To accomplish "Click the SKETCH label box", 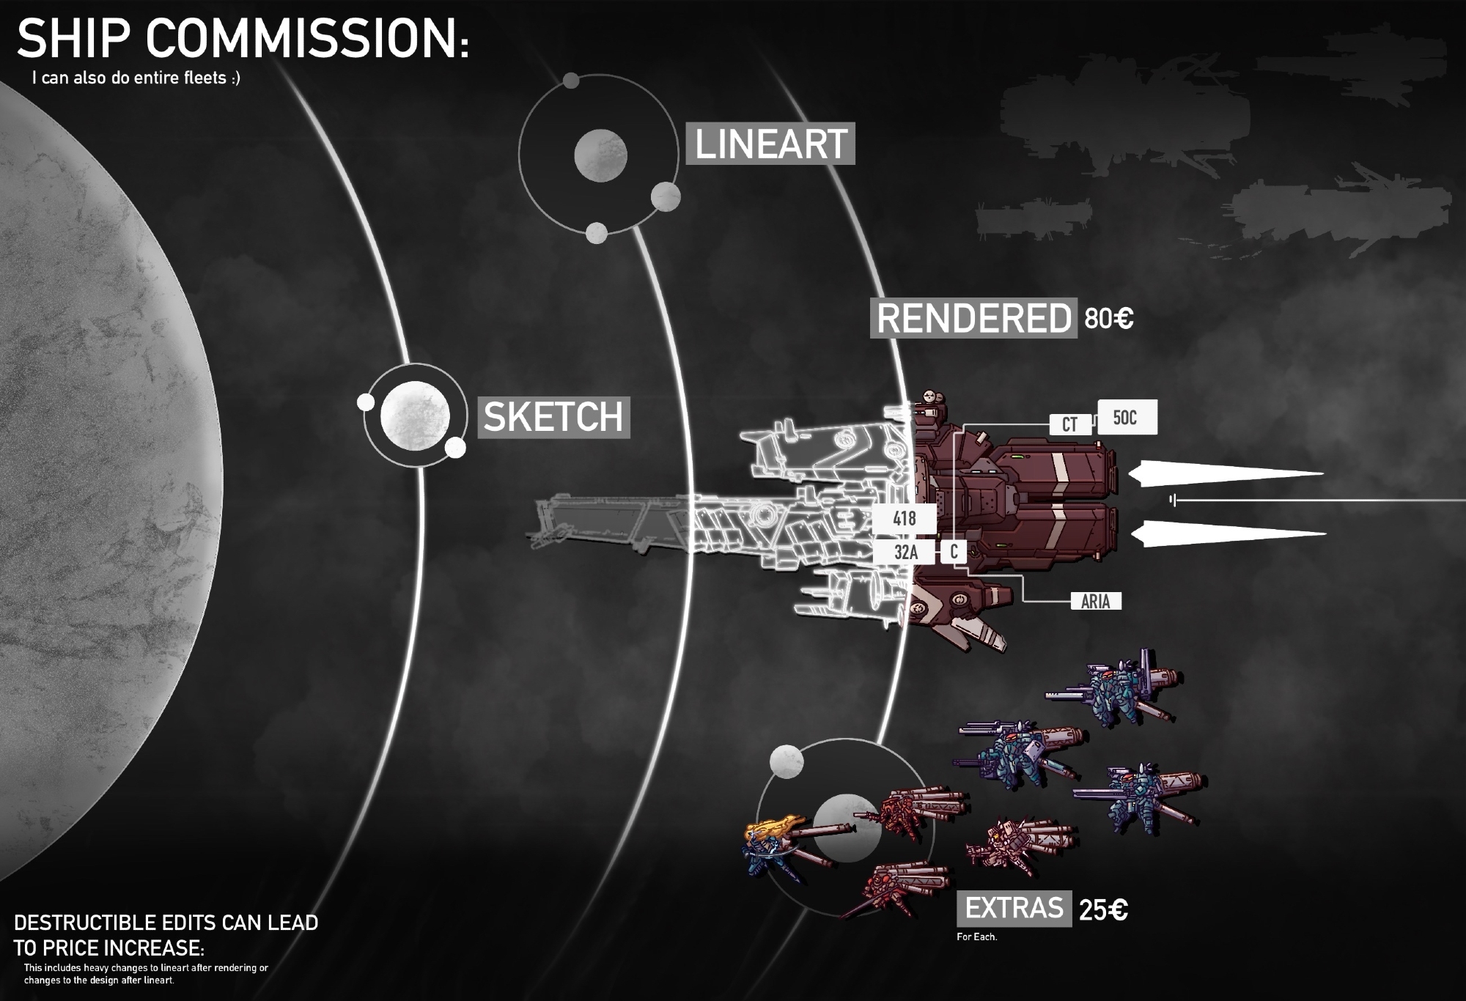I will click(x=553, y=417).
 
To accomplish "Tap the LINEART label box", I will click(x=770, y=144).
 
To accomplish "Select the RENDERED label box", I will click(x=973, y=318).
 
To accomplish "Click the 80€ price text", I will click(x=1108, y=319).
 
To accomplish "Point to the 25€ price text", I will click(x=1102, y=910).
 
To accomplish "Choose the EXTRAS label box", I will click(x=1013, y=909).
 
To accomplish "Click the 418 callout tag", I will click(x=905, y=519).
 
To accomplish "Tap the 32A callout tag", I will click(x=905, y=552).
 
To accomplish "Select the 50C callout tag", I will click(x=1126, y=418).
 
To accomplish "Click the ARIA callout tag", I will click(x=1095, y=602).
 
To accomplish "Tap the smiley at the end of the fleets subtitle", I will click(x=234, y=78).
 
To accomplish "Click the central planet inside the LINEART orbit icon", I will click(x=600, y=155).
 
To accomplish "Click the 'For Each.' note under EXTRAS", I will click(x=976, y=937).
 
